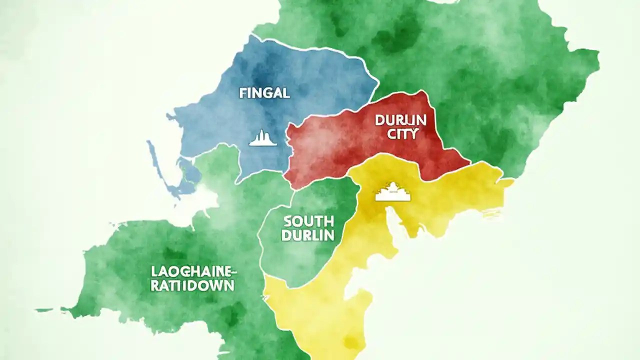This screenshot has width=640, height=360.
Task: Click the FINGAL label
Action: click(264, 93)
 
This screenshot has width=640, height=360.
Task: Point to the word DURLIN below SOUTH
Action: click(307, 235)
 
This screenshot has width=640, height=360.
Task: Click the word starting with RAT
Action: click(193, 286)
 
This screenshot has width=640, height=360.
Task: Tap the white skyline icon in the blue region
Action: click(263, 138)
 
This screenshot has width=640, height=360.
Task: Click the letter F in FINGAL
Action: click(242, 93)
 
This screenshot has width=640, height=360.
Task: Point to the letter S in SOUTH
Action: click(287, 221)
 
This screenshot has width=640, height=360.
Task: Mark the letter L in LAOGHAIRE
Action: click(153, 272)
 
